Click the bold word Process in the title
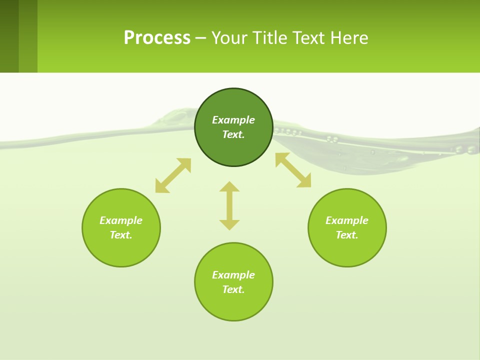click(157, 38)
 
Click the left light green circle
click(121, 250)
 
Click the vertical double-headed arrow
click(229, 205)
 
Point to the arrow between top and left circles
click(173, 175)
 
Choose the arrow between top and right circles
click(293, 170)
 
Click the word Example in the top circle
click(233, 120)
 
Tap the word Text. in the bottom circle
click(233, 289)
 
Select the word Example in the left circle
click(121, 220)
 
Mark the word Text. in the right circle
click(347, 235)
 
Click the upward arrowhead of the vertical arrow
click(229, 186)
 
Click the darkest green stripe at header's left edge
click(9, 36)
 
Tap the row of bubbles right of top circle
click(288, 132)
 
